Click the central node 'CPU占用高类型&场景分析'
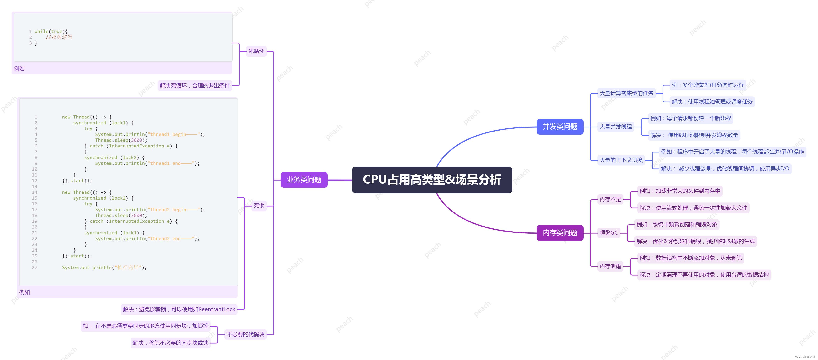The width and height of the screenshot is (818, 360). (x=432, y=180)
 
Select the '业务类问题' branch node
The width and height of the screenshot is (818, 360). (x=304, y=180)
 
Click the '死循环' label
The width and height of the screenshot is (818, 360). (x=256, y=51)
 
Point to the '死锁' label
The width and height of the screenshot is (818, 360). (x=259, y=206)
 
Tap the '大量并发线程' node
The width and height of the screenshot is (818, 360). (x=615, y=127)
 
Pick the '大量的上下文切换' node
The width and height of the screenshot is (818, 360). (x=621, y=160)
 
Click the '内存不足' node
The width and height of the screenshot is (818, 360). (x=610, y=199)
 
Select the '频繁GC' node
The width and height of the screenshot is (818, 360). (x=609, y=233)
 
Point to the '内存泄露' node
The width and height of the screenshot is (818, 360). (x=610, y=266)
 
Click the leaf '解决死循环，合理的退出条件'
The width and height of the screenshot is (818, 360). (x=195, y=85)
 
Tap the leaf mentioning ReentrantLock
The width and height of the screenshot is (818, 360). (x=179, y=309)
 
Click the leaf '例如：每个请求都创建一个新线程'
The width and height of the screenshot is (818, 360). (x=690, y=118)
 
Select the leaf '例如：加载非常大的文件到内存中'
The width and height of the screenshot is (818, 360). (x=680, y=191)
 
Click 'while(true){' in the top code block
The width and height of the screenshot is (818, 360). (x=51, y=32)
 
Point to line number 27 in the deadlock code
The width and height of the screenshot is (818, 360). (x=34, y=267)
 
